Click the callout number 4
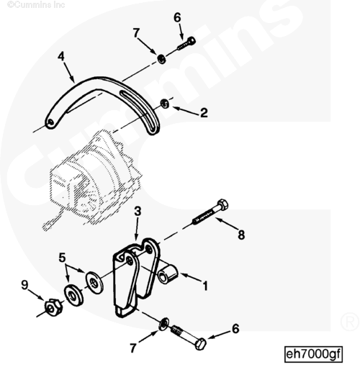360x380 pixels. pos(61,56)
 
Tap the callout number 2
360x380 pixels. pos(204,113)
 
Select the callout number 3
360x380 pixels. pos(138,212)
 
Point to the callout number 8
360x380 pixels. pos(241,235)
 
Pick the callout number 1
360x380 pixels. pos(205,286)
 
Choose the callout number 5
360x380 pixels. pos(63,258)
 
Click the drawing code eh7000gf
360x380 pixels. pos(313,354)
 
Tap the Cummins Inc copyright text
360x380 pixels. pos(36,4)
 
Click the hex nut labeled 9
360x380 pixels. pos(53,308)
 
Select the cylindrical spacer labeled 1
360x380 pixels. pos(168,274)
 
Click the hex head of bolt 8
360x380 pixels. pos(222,205)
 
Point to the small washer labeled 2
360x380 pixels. pos(165,104)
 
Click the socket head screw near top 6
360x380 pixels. pos(186,44)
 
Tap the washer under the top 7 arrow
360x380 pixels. pos(161,59)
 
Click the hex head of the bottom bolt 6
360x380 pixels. pos(200,344)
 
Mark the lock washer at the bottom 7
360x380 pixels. pos(163,324)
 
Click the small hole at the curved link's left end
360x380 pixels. pos(50,122)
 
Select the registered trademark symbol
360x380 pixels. pos(349,322)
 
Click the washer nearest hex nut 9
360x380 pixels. pos(73,296)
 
